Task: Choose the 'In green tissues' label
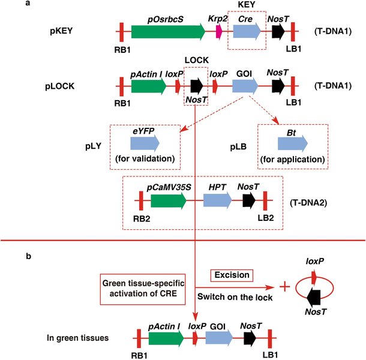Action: tap(78, 339)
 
